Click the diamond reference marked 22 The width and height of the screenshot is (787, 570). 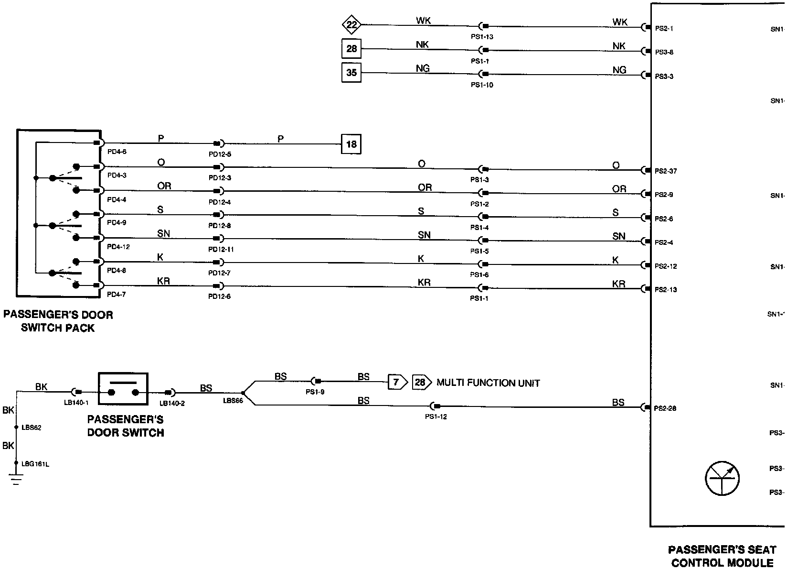(x=351, y=24)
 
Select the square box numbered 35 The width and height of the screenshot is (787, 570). (x=351, y=73)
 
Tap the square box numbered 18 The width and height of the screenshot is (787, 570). (x=351, y=144)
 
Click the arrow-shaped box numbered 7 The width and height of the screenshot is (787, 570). (x=397, y=382)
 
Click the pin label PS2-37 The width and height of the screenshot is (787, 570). (x=666, y=171)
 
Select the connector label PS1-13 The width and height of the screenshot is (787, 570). (x=482, y=37)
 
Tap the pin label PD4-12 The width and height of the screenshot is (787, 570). (x=118, y=247)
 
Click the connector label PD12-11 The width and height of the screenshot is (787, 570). (x=221, y=250)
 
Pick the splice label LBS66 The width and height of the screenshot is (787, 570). (x=233, y=401)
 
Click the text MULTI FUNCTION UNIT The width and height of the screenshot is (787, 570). (x=488, y=383)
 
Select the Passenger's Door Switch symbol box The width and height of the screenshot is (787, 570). (x=123, y=392)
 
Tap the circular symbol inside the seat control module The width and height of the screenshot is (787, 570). (x=722, y=479)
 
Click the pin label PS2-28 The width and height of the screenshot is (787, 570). (x=666, y=408)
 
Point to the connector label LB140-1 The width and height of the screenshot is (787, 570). (x=76, y=403)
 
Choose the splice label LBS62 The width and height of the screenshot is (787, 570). (x=32, y=427)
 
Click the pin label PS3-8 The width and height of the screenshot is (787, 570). (x=664, y=52)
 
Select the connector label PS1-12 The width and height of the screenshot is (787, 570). (x=436, y=417)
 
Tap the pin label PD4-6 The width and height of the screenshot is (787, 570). (x=117, y=152)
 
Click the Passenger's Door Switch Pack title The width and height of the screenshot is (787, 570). (x=58, y=321)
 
